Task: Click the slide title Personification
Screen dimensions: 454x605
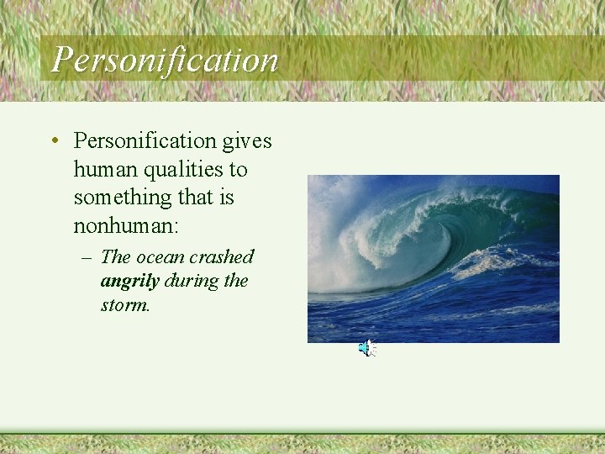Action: (x=165, y=60)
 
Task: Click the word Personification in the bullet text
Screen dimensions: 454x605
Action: (x=145, y=141)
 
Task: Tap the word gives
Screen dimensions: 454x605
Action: (x=247, y=141)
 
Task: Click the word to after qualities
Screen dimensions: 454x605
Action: (x=238, y=170)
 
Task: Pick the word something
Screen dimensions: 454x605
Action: (x=118, y=198)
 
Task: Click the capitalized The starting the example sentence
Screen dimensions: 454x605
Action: (x=115, y=257)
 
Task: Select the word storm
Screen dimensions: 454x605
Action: (x=124, y=305)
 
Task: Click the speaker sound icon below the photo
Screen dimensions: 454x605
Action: (x=367, y=349)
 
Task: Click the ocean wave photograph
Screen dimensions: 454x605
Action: (x=433, y=258)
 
